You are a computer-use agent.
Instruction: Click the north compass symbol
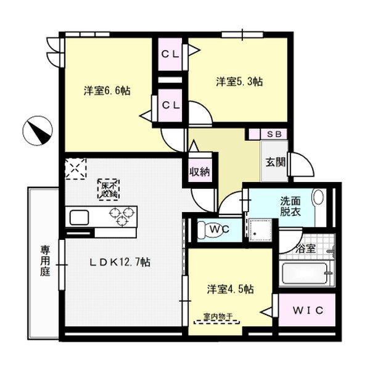coord(38,131)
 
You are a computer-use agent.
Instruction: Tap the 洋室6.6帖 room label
coord(107,91)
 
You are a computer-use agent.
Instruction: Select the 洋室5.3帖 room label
coord(239,81)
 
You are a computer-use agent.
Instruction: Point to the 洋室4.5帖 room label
coord(231,289)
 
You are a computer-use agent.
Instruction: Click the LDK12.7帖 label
coord(120,262)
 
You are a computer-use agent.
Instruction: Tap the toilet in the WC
coord(210,229)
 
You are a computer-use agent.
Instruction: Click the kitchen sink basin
coord(79,217)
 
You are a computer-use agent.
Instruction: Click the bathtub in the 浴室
coord(305,274)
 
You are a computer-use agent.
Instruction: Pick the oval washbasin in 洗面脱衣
coord(318,197)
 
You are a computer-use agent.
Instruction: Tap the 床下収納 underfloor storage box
coord(109,190)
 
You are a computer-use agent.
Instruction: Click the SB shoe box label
coord(274,134)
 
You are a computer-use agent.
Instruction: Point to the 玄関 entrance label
coord(276,162)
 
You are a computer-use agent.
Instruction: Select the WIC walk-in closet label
coord(308,311)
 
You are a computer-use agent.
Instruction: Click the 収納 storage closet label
coord(200,172)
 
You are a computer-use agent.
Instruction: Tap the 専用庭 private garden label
coord(45,261)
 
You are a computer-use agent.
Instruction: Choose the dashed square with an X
coord(75,169)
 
